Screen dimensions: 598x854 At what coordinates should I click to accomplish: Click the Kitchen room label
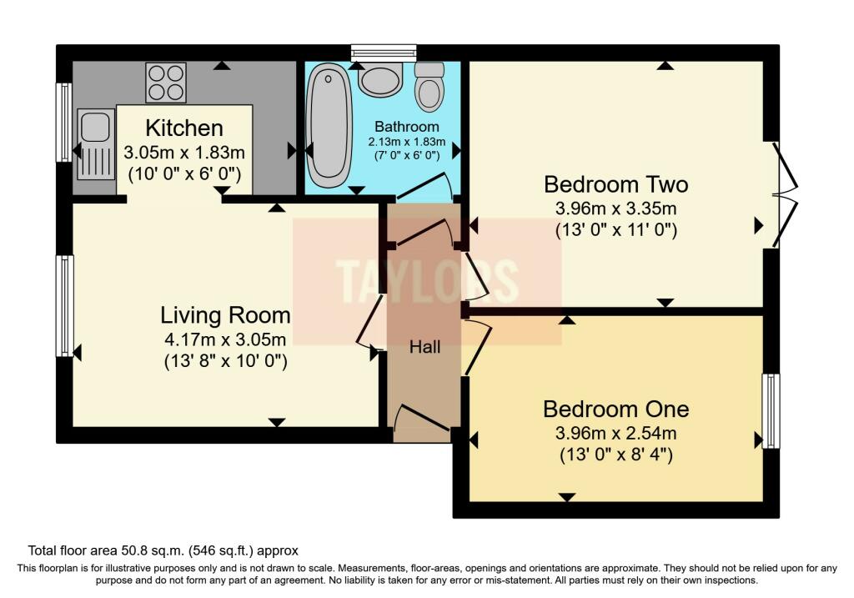[184, 128]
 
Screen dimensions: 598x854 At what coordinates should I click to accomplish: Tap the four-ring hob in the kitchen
[166, 83]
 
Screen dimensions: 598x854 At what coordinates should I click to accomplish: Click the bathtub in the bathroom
[329, 127]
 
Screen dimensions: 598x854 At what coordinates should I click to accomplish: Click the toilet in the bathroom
[430, 87]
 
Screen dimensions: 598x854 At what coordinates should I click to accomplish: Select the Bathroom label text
[406, 127]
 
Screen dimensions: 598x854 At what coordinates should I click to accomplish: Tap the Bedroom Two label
[615, 183]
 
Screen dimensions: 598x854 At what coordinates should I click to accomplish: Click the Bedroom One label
[615, 409]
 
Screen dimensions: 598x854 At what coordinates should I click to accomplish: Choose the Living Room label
[225, 315]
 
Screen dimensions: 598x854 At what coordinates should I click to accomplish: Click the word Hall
[424, 348]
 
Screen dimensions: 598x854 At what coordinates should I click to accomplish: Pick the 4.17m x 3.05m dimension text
[225, 339]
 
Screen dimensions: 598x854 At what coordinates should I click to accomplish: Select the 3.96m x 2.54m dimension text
[615, 433]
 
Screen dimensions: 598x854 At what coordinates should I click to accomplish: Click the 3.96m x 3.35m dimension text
[615, 207]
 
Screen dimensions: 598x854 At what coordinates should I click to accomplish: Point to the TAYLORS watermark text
[426, 280]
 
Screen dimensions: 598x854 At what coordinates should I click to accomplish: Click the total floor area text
[163, 550]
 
